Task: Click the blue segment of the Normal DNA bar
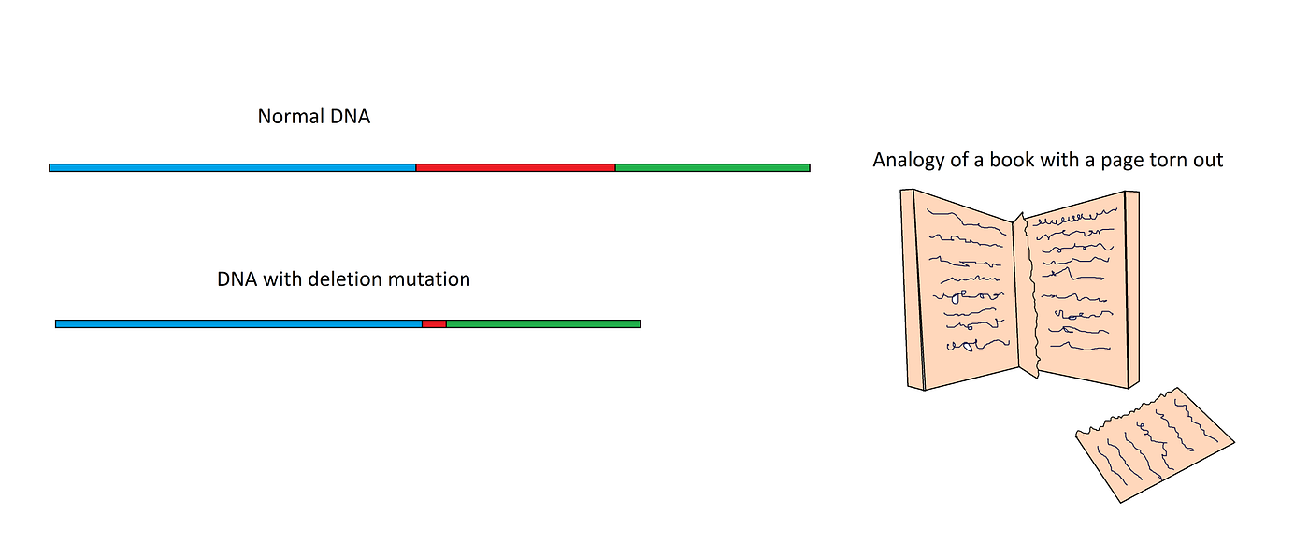[232, 168]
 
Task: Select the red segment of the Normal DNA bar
[515, 168]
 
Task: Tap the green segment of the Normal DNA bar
[712, 168]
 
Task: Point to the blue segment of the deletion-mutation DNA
[238, 324]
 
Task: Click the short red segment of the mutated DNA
[434, 324]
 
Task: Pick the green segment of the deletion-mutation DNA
[543, 324]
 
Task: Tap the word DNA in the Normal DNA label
[352, 118]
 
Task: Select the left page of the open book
[963, 290]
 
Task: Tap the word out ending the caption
[1210, 161]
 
